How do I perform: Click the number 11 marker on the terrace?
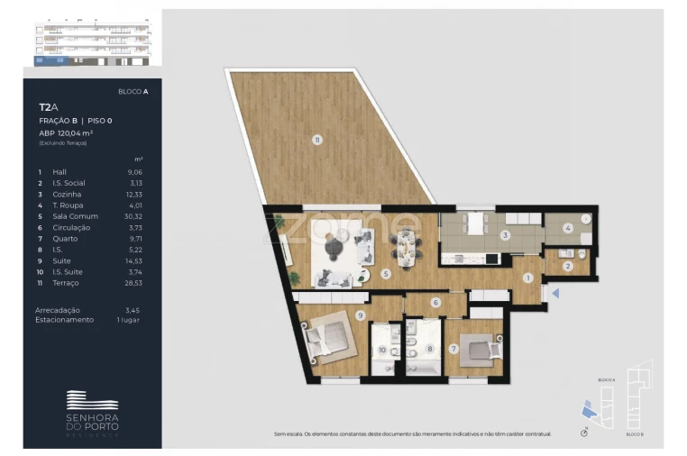(x=316, y=139)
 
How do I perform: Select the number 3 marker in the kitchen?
(x=506, y=236)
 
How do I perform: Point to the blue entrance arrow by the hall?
(x=555, y=293)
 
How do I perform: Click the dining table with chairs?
(x=408, y=244)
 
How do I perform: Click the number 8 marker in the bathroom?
(x=430, y=348)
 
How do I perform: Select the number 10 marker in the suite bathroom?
(x=381, y=350)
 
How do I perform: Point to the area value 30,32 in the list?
(x=136, y=216)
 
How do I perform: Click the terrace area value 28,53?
(x=136, y=283)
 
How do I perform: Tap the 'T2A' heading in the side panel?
(x=48, y=107)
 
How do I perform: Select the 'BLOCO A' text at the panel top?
(x=133, y=92)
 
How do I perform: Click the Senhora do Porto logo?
(x=92, y=411)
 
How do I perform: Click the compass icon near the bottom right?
(x=584, y=433)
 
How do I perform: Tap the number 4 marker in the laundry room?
(x=568, y=228)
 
